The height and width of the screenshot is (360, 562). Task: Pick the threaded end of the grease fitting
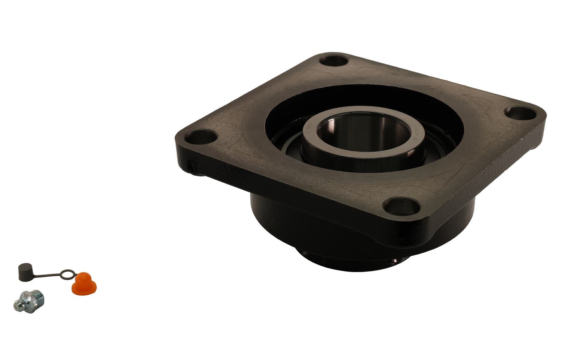tap(38, 297)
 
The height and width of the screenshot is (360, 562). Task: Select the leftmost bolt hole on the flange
tap(201, 137)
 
